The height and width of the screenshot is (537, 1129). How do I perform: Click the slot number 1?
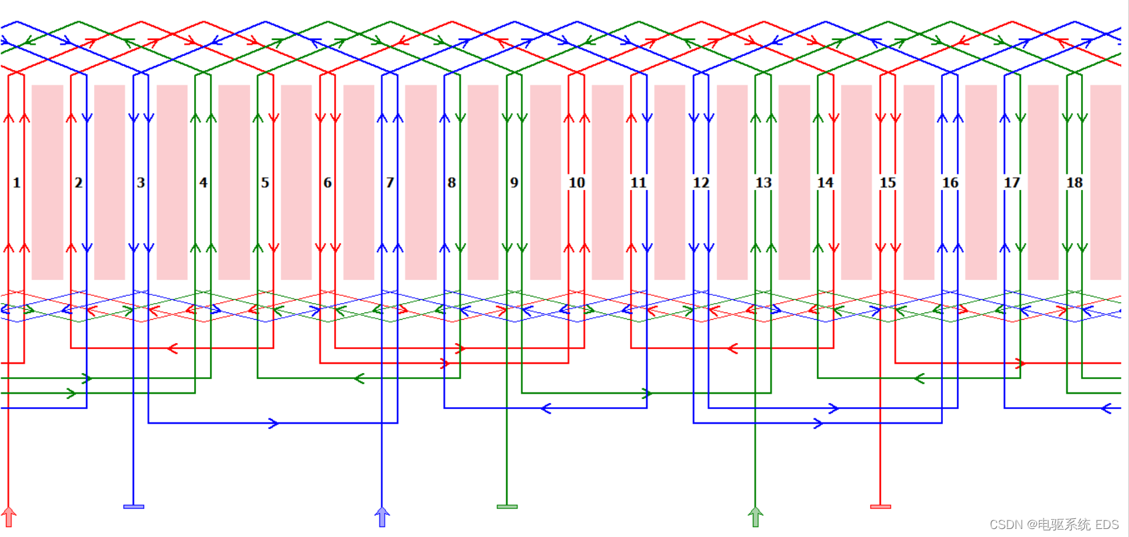(17, 183)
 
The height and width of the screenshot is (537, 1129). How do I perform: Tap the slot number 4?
(203, 183)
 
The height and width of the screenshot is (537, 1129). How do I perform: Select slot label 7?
(390, 183)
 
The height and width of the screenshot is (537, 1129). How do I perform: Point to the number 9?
(514, 183)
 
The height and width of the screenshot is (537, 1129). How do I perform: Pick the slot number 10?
(577, 183)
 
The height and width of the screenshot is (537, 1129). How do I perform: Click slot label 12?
(701, 183)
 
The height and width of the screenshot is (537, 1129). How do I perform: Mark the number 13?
(764, 183)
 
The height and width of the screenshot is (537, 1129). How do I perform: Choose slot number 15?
(888, 183)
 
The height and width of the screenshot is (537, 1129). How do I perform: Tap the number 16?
(950, 183)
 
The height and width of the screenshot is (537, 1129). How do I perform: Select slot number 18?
(1074, 183)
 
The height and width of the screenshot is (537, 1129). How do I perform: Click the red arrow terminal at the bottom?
(9, 516)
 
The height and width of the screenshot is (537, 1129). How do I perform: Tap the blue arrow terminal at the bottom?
(382, 516)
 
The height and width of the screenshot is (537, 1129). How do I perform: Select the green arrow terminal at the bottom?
(756, 516)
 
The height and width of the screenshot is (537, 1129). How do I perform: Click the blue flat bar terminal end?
(134, 507)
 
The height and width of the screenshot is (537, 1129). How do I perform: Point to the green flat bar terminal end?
(507, 507)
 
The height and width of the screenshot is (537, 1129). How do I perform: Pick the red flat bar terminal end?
(881, 507)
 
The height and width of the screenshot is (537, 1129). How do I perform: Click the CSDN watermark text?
(1054, 525)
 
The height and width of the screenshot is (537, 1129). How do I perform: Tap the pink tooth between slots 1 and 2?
(47, 182)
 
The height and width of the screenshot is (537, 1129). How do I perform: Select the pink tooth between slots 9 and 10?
(545, 182)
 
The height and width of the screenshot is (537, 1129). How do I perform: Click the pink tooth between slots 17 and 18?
(1043, 182)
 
